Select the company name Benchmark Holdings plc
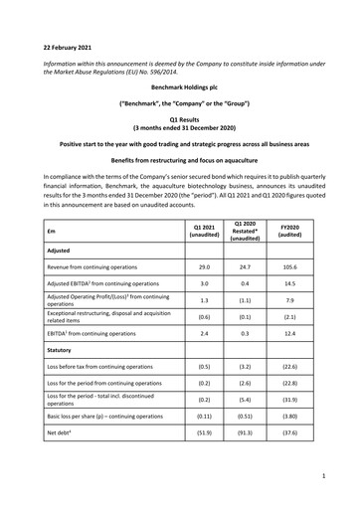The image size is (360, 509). click(x=179, y=88)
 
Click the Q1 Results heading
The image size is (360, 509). click(x=179, y=119)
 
